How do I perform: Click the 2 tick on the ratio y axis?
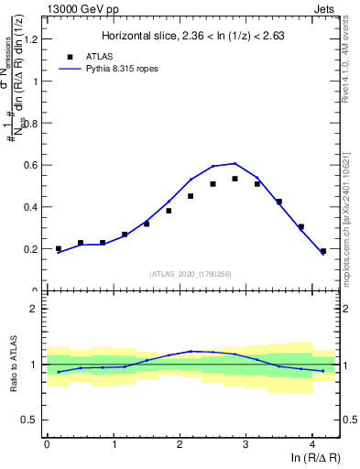(x=37, y=309)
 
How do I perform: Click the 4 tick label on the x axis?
(x=312, y=444)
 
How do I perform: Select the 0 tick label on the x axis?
(x=47, y=444)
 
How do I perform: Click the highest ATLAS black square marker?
(x=235, y=179)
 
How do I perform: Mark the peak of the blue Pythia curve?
(x=235, y=163)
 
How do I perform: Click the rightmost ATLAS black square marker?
(x=322, y=251)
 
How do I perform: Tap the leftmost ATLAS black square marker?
(x=59, y=248)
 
